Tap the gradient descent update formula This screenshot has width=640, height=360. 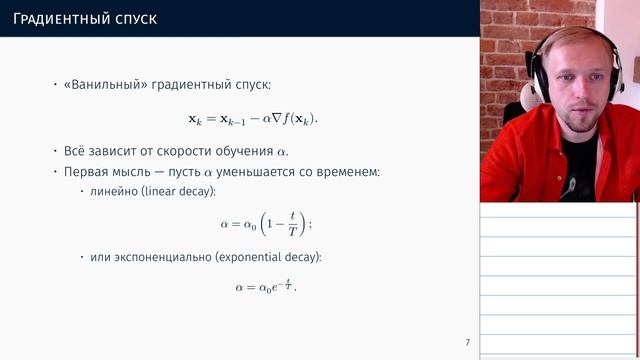coord(259,118)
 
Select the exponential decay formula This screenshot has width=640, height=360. coord(266,287)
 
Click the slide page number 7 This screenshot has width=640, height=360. coord(467,343)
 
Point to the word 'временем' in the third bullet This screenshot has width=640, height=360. coord(349,171)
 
